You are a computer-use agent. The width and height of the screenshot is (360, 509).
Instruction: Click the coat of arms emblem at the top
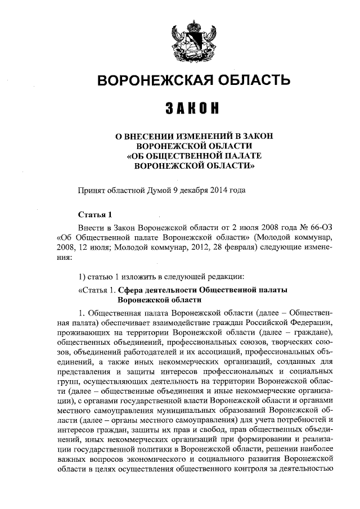pyautogui.click(x=191, y=40)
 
